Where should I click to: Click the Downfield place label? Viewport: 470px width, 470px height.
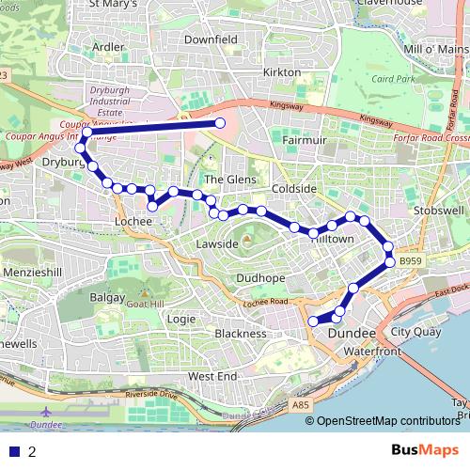click(211, 41)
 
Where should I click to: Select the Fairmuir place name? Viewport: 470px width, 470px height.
click(304, 141)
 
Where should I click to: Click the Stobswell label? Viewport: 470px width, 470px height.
click(433, 211)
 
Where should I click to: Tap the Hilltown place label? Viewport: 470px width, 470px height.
click(332, 240)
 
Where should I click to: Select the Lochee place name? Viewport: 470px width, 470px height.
click(133, 221)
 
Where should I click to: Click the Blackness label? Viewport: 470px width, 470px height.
click(241, 334)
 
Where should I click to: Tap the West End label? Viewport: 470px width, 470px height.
click(212, 376)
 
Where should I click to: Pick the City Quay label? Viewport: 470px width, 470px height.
click(415, 332)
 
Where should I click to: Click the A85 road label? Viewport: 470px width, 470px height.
click(301, 405)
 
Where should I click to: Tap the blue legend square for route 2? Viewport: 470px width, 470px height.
click(14, 452)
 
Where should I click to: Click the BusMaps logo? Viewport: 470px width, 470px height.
click(426, 450)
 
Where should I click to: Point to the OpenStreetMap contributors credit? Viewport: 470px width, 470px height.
click(387, 421)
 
